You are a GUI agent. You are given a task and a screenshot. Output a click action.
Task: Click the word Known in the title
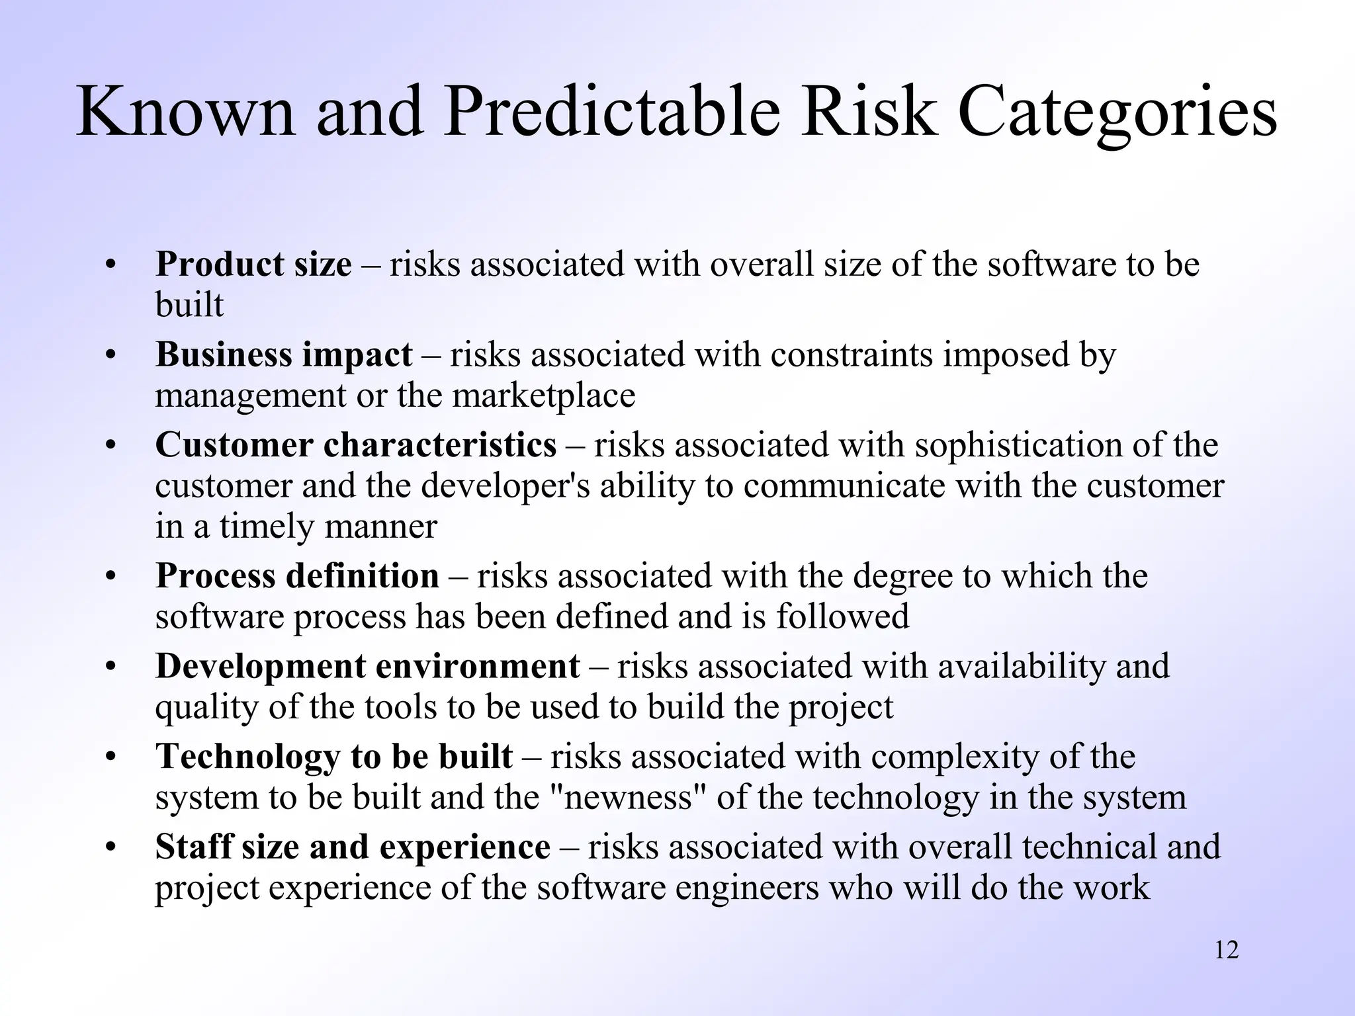click(185, 112)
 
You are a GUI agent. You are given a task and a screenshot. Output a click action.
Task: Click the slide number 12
click(1227, 951)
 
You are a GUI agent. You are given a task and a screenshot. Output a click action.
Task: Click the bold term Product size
click(253, 265)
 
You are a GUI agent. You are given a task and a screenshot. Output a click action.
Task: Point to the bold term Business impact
click(284, 355)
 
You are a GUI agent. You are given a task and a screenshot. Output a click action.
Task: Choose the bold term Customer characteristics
click(356, 444)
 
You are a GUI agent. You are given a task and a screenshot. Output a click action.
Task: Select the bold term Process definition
click(297, 575)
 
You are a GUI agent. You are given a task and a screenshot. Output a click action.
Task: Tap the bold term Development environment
click(367, 666)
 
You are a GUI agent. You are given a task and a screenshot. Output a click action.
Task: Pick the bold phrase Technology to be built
click(334, 756)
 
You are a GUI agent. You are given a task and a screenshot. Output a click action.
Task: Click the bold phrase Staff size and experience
click(353, 847)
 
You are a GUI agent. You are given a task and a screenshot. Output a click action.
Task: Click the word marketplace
click(544, 396)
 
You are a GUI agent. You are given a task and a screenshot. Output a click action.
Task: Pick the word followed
click(842, 616)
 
